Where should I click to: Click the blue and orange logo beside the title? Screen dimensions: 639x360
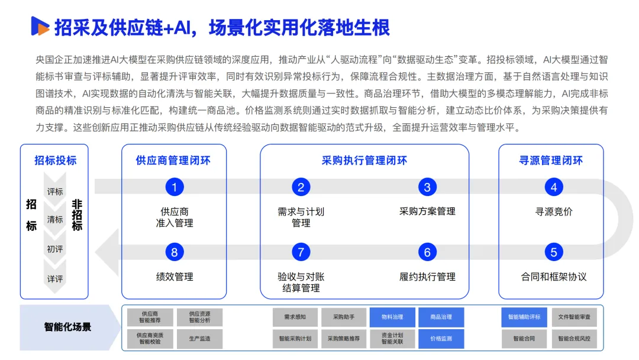point(40,26)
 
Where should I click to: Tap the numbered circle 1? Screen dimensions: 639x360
point(175,187)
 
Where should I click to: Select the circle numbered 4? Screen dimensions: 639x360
point(553,187)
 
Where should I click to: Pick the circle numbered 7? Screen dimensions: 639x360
point(301,252)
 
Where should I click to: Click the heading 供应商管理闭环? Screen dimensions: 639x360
point(173,160)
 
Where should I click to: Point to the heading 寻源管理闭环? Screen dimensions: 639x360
point(551,160)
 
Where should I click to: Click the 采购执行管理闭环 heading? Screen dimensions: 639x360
point(364,160)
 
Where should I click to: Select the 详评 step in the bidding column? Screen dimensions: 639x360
point(55,279)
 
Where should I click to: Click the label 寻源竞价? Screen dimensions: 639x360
point(553,211)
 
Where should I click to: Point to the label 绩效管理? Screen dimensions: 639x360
point(175,277)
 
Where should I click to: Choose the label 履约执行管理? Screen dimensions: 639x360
point(427,277)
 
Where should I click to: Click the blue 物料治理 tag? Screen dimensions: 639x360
point(392,317)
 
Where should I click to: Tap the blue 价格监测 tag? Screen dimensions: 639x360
point(441,339)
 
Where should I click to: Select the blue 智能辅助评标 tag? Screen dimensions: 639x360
point(524,317)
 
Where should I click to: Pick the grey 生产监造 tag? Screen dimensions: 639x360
point(200,339)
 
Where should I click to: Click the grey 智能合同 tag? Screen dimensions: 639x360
point(524,339)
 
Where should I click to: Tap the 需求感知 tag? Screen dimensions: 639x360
point(295,317)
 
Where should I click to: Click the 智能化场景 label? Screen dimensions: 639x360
point(67,327)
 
